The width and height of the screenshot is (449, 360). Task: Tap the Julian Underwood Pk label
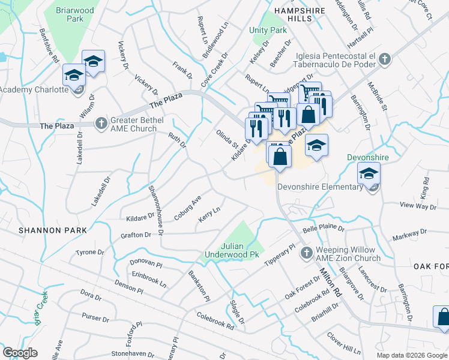click(240, 250)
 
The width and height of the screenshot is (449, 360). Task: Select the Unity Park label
click(268, 30)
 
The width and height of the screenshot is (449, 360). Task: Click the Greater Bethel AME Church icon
click(101, 123)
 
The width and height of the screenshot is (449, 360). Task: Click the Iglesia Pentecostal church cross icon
click(384, 59)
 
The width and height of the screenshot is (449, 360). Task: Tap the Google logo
click(20, 353)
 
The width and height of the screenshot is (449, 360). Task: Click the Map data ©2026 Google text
click(411, 355)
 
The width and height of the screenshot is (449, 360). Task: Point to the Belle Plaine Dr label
click(323, 229)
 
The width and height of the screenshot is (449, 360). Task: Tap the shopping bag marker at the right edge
click(442, 317)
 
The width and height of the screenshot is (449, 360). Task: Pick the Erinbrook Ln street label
click(149, 280)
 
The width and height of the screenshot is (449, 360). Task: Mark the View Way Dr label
click(417, 206)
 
